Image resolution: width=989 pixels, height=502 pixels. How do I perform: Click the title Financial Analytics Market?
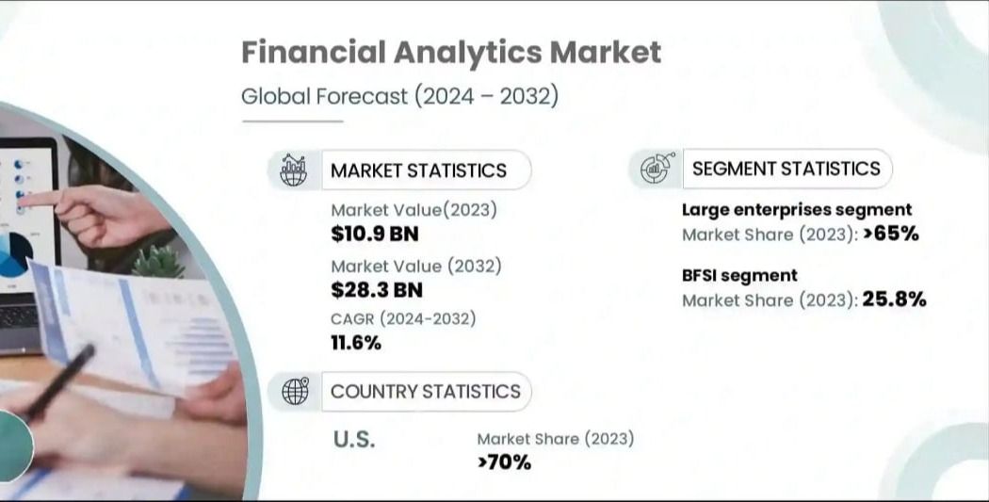451,53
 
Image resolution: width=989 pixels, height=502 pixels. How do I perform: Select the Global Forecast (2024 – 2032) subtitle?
400,96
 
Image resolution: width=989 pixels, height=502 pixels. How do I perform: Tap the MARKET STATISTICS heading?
418,170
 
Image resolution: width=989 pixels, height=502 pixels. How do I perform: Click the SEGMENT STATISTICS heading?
786,169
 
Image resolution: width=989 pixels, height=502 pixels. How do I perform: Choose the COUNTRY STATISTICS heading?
425,392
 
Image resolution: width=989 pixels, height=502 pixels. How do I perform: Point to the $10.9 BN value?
375,234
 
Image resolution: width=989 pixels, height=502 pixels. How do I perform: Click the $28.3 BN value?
377,290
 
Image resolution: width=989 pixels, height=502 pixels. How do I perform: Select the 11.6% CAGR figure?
356,343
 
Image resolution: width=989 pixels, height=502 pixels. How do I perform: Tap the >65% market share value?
891,234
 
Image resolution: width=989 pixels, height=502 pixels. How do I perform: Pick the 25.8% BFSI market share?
894,299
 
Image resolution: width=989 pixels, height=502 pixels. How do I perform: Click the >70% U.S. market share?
504,462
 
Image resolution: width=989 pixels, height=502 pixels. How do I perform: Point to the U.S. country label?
354,440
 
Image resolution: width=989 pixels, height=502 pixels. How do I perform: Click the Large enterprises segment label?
797,210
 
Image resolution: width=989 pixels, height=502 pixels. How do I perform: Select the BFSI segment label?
739,276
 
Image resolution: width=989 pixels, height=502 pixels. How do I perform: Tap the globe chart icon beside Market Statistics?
293,170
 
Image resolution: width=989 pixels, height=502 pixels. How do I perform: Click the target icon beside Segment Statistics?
657,168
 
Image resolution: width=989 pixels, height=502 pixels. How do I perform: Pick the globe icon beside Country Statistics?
295,391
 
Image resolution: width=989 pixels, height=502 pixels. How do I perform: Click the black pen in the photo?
61,382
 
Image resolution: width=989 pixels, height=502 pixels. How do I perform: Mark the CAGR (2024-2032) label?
403,319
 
